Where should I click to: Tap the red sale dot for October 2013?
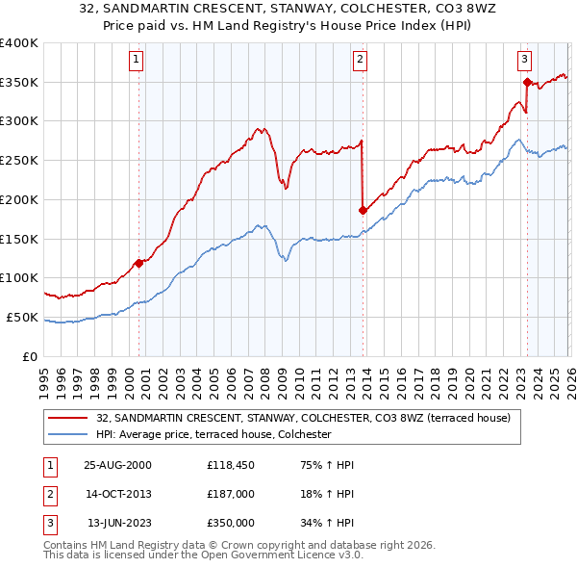(x=363, y=210)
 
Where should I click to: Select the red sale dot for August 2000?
(x=139, y=262)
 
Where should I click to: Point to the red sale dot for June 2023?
(x=527, y=82)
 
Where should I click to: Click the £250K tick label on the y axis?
(x=18, y=161)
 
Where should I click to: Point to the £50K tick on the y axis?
(x=22, y=317)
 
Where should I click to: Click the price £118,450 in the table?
(x=229, y=464)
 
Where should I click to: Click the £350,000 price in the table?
(x=229, y=523)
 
